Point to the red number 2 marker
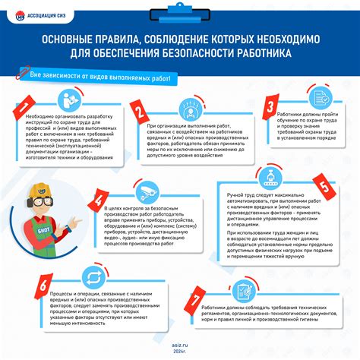139,113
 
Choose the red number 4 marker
97,199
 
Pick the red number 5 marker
321,185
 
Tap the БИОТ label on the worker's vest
44,225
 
